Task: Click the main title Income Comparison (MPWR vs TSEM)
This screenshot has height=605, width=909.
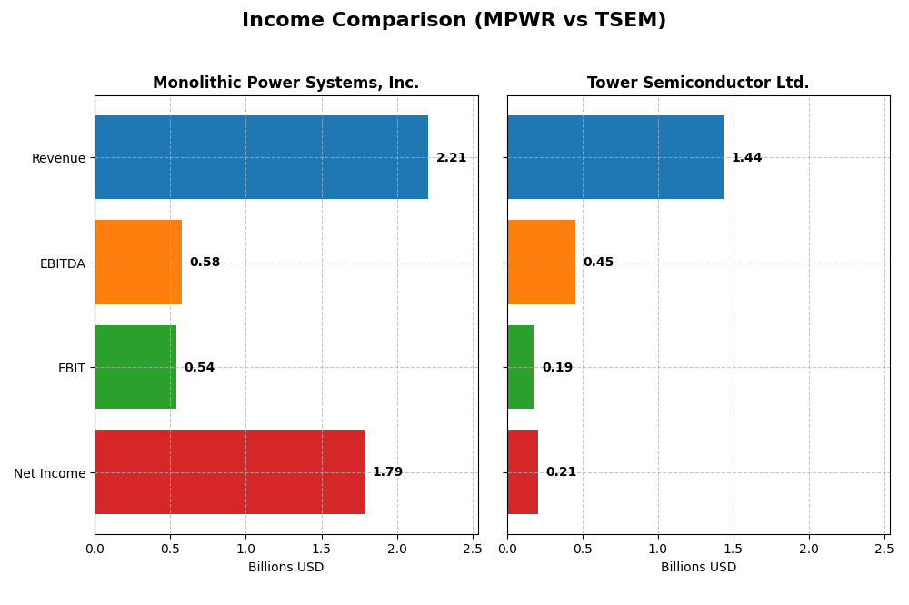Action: [454, 20]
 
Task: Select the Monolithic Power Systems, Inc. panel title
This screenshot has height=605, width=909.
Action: [285, 83]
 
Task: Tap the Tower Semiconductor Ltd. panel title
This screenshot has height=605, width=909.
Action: [698, 83]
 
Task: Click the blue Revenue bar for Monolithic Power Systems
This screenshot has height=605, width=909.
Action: [261, 157]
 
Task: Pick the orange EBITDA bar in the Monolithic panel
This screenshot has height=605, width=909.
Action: [138, 263]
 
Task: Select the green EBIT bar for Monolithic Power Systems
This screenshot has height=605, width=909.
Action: [135, 367]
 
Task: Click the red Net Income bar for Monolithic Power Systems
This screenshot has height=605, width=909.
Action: [229, 472]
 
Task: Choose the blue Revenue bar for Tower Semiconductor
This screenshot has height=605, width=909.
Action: [615, 157]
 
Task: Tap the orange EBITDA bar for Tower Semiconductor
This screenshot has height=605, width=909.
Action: [541, 263]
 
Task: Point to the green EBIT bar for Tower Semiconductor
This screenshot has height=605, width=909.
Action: [521, 367]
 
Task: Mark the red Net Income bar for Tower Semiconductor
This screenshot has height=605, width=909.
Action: [523, 472]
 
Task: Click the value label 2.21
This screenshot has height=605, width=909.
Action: [451, 158]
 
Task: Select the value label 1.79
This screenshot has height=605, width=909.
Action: [387, 472]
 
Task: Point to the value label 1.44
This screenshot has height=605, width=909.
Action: [746, 158]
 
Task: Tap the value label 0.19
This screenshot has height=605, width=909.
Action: [557, 368]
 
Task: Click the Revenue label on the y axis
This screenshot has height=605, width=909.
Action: [58, 158]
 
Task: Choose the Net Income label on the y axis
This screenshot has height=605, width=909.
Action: [49, 473]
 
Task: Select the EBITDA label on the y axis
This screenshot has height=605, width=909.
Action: [62, 263]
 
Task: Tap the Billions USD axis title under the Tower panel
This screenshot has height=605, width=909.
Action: [698, 567]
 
